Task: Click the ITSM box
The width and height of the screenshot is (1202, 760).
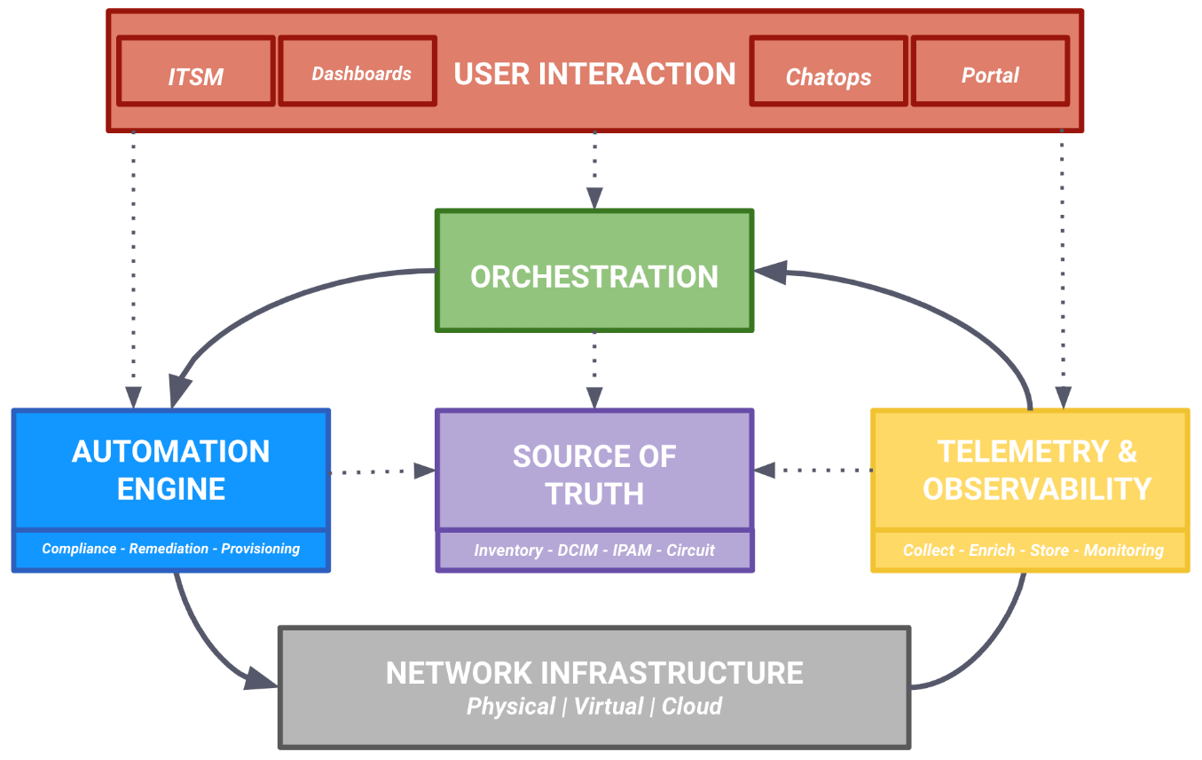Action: coord(195,72)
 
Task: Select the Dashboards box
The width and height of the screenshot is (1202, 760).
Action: coord(357,72)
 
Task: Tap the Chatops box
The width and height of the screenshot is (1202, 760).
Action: coord(829,72)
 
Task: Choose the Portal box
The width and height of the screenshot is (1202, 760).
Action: coord(990,72)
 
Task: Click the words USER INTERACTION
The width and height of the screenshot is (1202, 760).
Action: coord(594,74)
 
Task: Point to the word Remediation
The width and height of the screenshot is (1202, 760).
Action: coord(169,549)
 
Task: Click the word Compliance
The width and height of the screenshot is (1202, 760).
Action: coord(79,549)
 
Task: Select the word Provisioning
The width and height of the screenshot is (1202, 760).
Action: coord(260,549)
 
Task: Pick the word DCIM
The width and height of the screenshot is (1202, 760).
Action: coord(577,550)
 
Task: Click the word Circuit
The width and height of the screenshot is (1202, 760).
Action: coord(690,550)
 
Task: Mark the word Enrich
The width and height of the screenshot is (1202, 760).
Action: coord(992,550)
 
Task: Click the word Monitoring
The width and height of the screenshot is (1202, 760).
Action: coord(1123,550)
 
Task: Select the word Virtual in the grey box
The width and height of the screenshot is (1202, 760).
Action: coord(609,707)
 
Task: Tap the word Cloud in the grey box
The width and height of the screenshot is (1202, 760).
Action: coord(692,707)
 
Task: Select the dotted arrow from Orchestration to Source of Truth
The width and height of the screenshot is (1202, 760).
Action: coord(594,368)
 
